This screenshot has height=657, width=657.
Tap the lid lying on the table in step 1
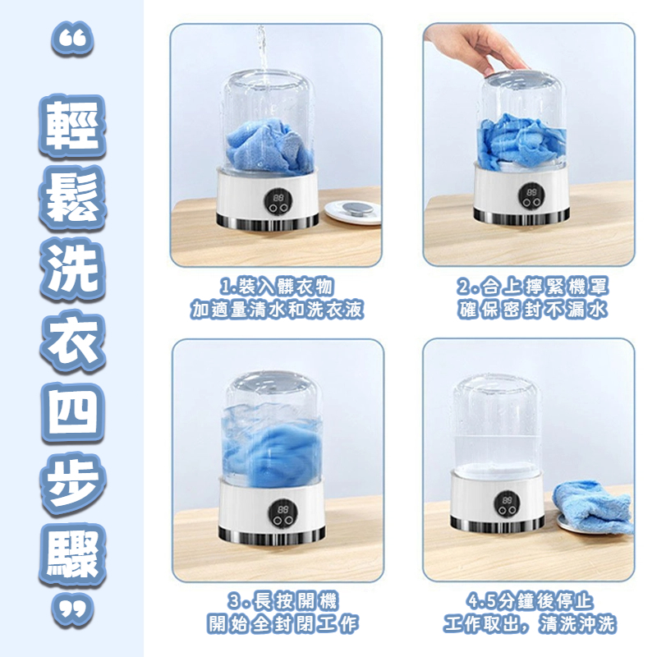(x=353, y=212)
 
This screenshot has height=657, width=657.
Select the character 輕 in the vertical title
(x=72, y=126)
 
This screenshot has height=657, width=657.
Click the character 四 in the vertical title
(x=72, y=414)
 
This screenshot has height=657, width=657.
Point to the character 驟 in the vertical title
(x=72, y=554)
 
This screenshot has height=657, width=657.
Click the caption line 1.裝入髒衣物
(x=277, y=287)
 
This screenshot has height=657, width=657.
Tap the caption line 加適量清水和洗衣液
(x=277, y=310)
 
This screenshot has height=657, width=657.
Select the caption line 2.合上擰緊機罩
(x=532, y=287)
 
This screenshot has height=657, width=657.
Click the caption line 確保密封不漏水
(x=532, y=310)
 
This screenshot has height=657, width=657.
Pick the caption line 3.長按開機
(x=283, y=602)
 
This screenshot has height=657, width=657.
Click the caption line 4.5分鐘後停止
(x=530, y=602)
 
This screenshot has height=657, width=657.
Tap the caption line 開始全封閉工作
(x=283, y=624)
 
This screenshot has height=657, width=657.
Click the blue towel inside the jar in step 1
(x=269, y=147)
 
